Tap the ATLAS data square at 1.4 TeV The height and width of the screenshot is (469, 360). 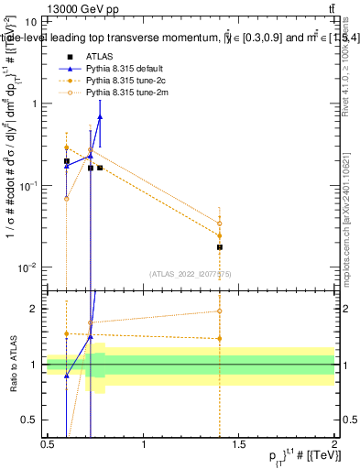click(220, 247)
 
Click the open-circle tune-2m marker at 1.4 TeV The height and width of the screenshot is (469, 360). click(220, 223)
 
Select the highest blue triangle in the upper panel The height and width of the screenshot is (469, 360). click(100, 117)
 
